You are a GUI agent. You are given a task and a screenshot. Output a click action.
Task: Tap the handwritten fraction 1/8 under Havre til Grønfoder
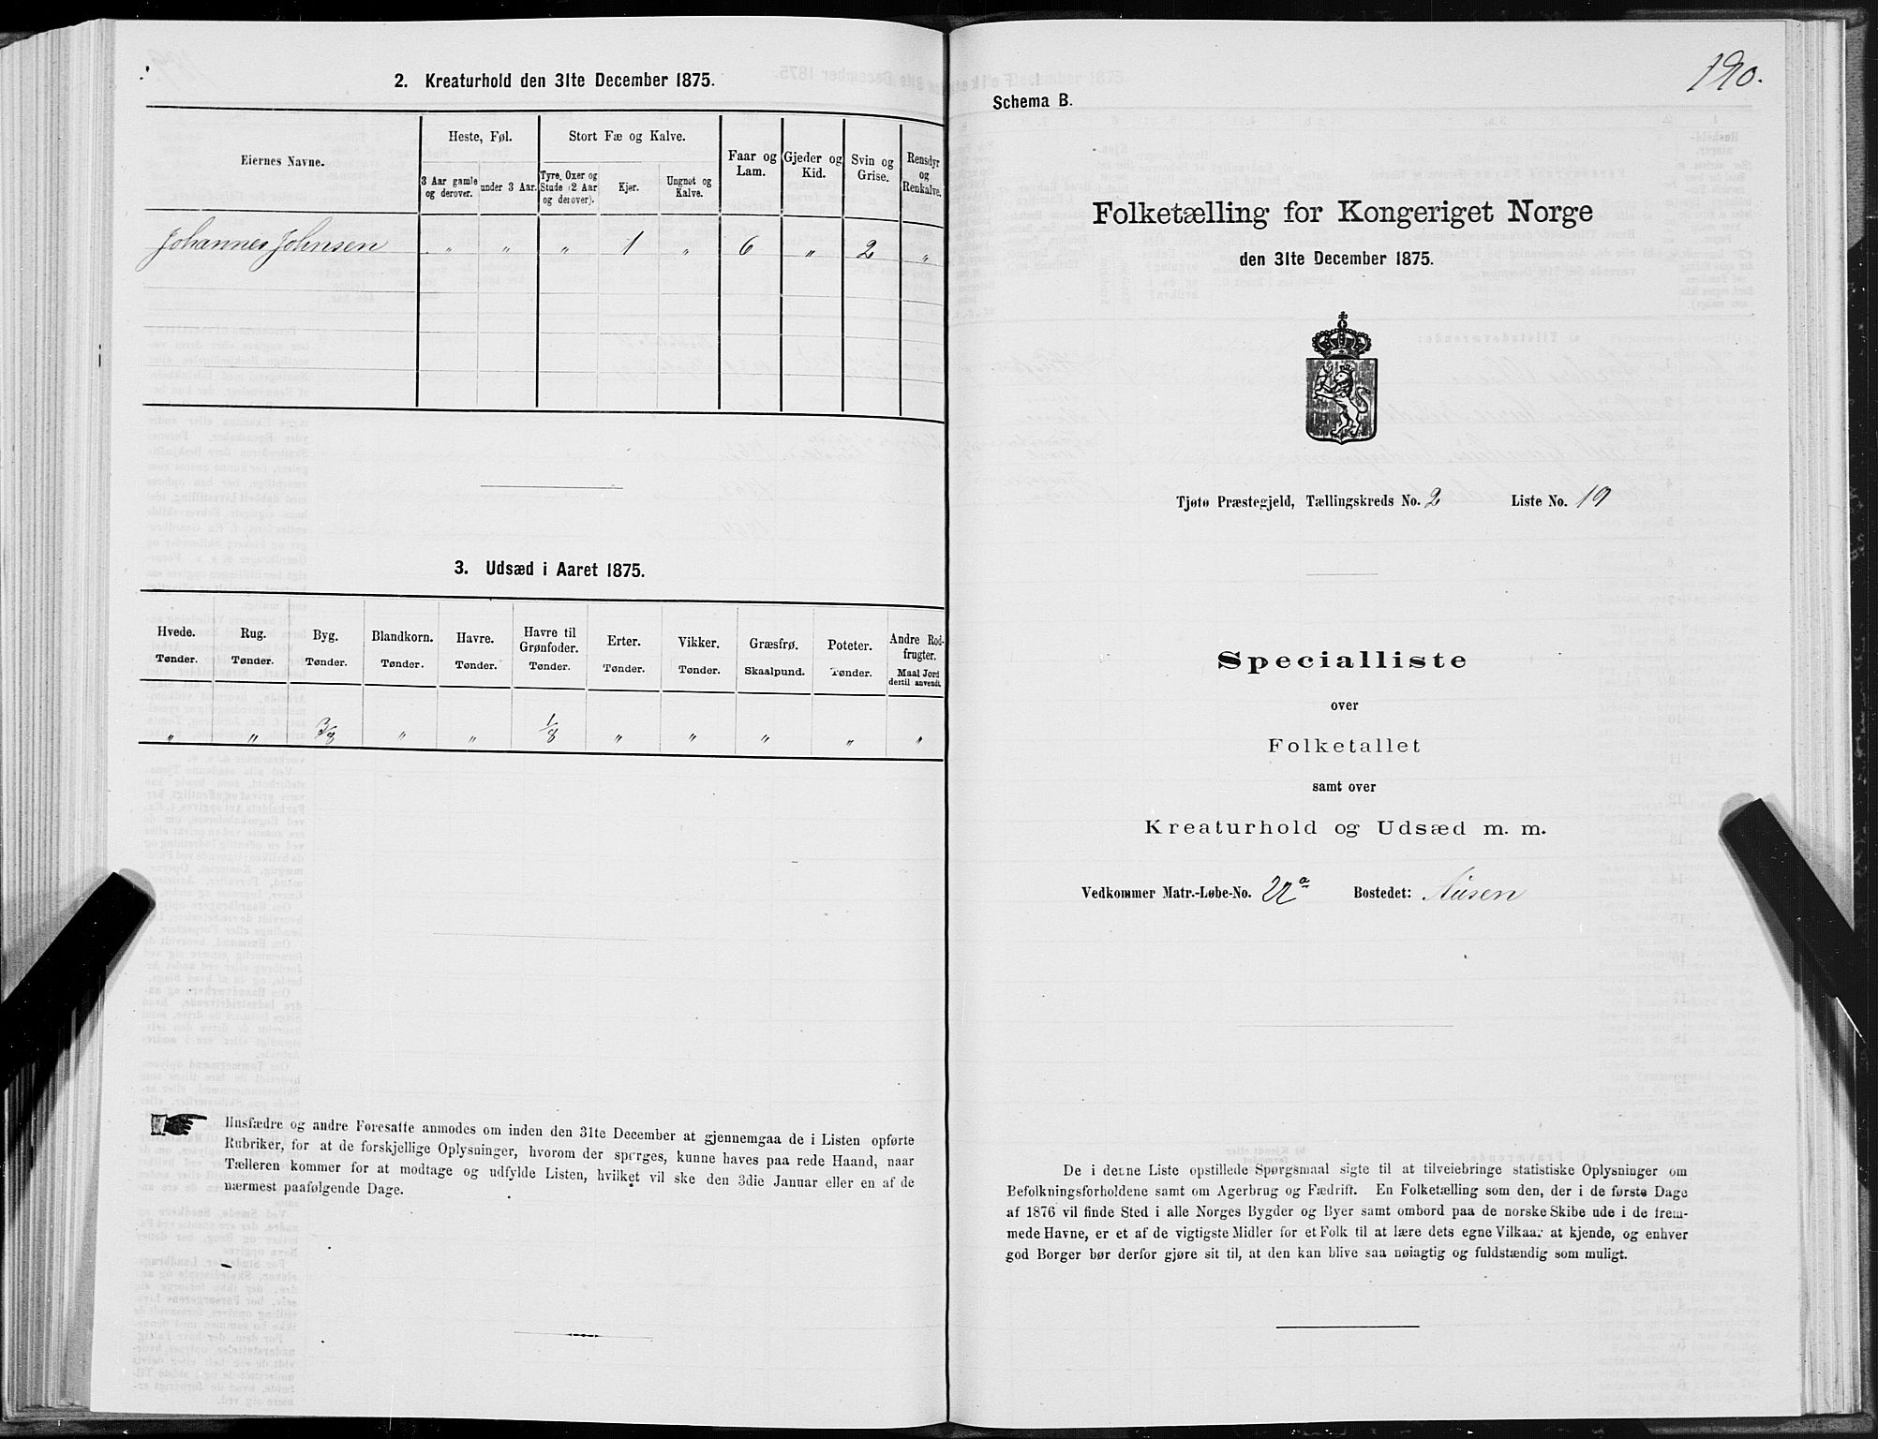[x=546, y=728]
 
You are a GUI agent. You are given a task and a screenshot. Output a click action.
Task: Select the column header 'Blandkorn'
[x=400, y=642]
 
